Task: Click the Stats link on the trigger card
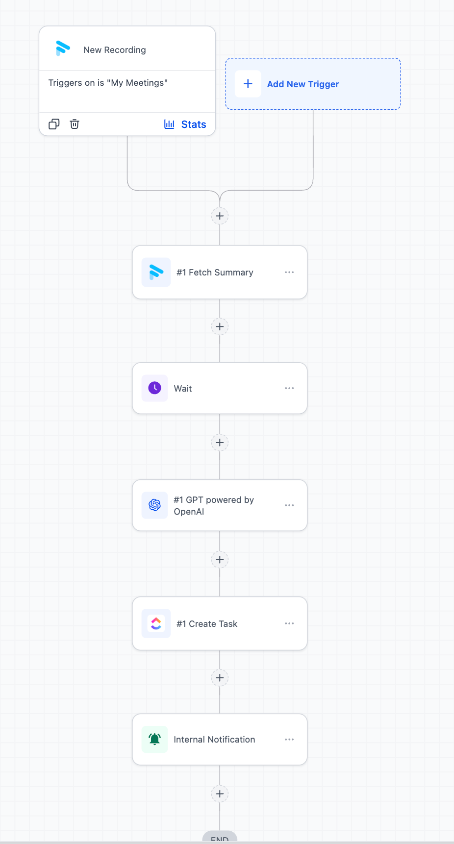tap(185, 124)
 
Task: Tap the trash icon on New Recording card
tap(75, 124)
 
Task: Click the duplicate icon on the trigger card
tap(54, 124)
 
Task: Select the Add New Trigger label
tap(303, 84)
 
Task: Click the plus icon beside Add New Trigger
tap(248, 84)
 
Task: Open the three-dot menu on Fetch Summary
tap(289, 272)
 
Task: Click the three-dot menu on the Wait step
tap(289, 388)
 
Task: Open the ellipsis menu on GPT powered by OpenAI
tap(289, 505)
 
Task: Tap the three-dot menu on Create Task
tap(289, 623)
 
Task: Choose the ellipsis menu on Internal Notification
tap(289, 740)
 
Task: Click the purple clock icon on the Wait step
tap(154, 388)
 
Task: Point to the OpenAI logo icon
tap(154, 505)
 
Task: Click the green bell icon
tap(154, 739)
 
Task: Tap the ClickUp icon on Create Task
tap(156, 623)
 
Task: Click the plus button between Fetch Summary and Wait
tap(220, 327)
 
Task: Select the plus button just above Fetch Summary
tap(220, 216)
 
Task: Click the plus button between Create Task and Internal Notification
tap(220, 678)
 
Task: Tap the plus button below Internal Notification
tap(220, 794)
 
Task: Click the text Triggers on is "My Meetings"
tap(108, 83)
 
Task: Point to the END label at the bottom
tap(220, 839)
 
